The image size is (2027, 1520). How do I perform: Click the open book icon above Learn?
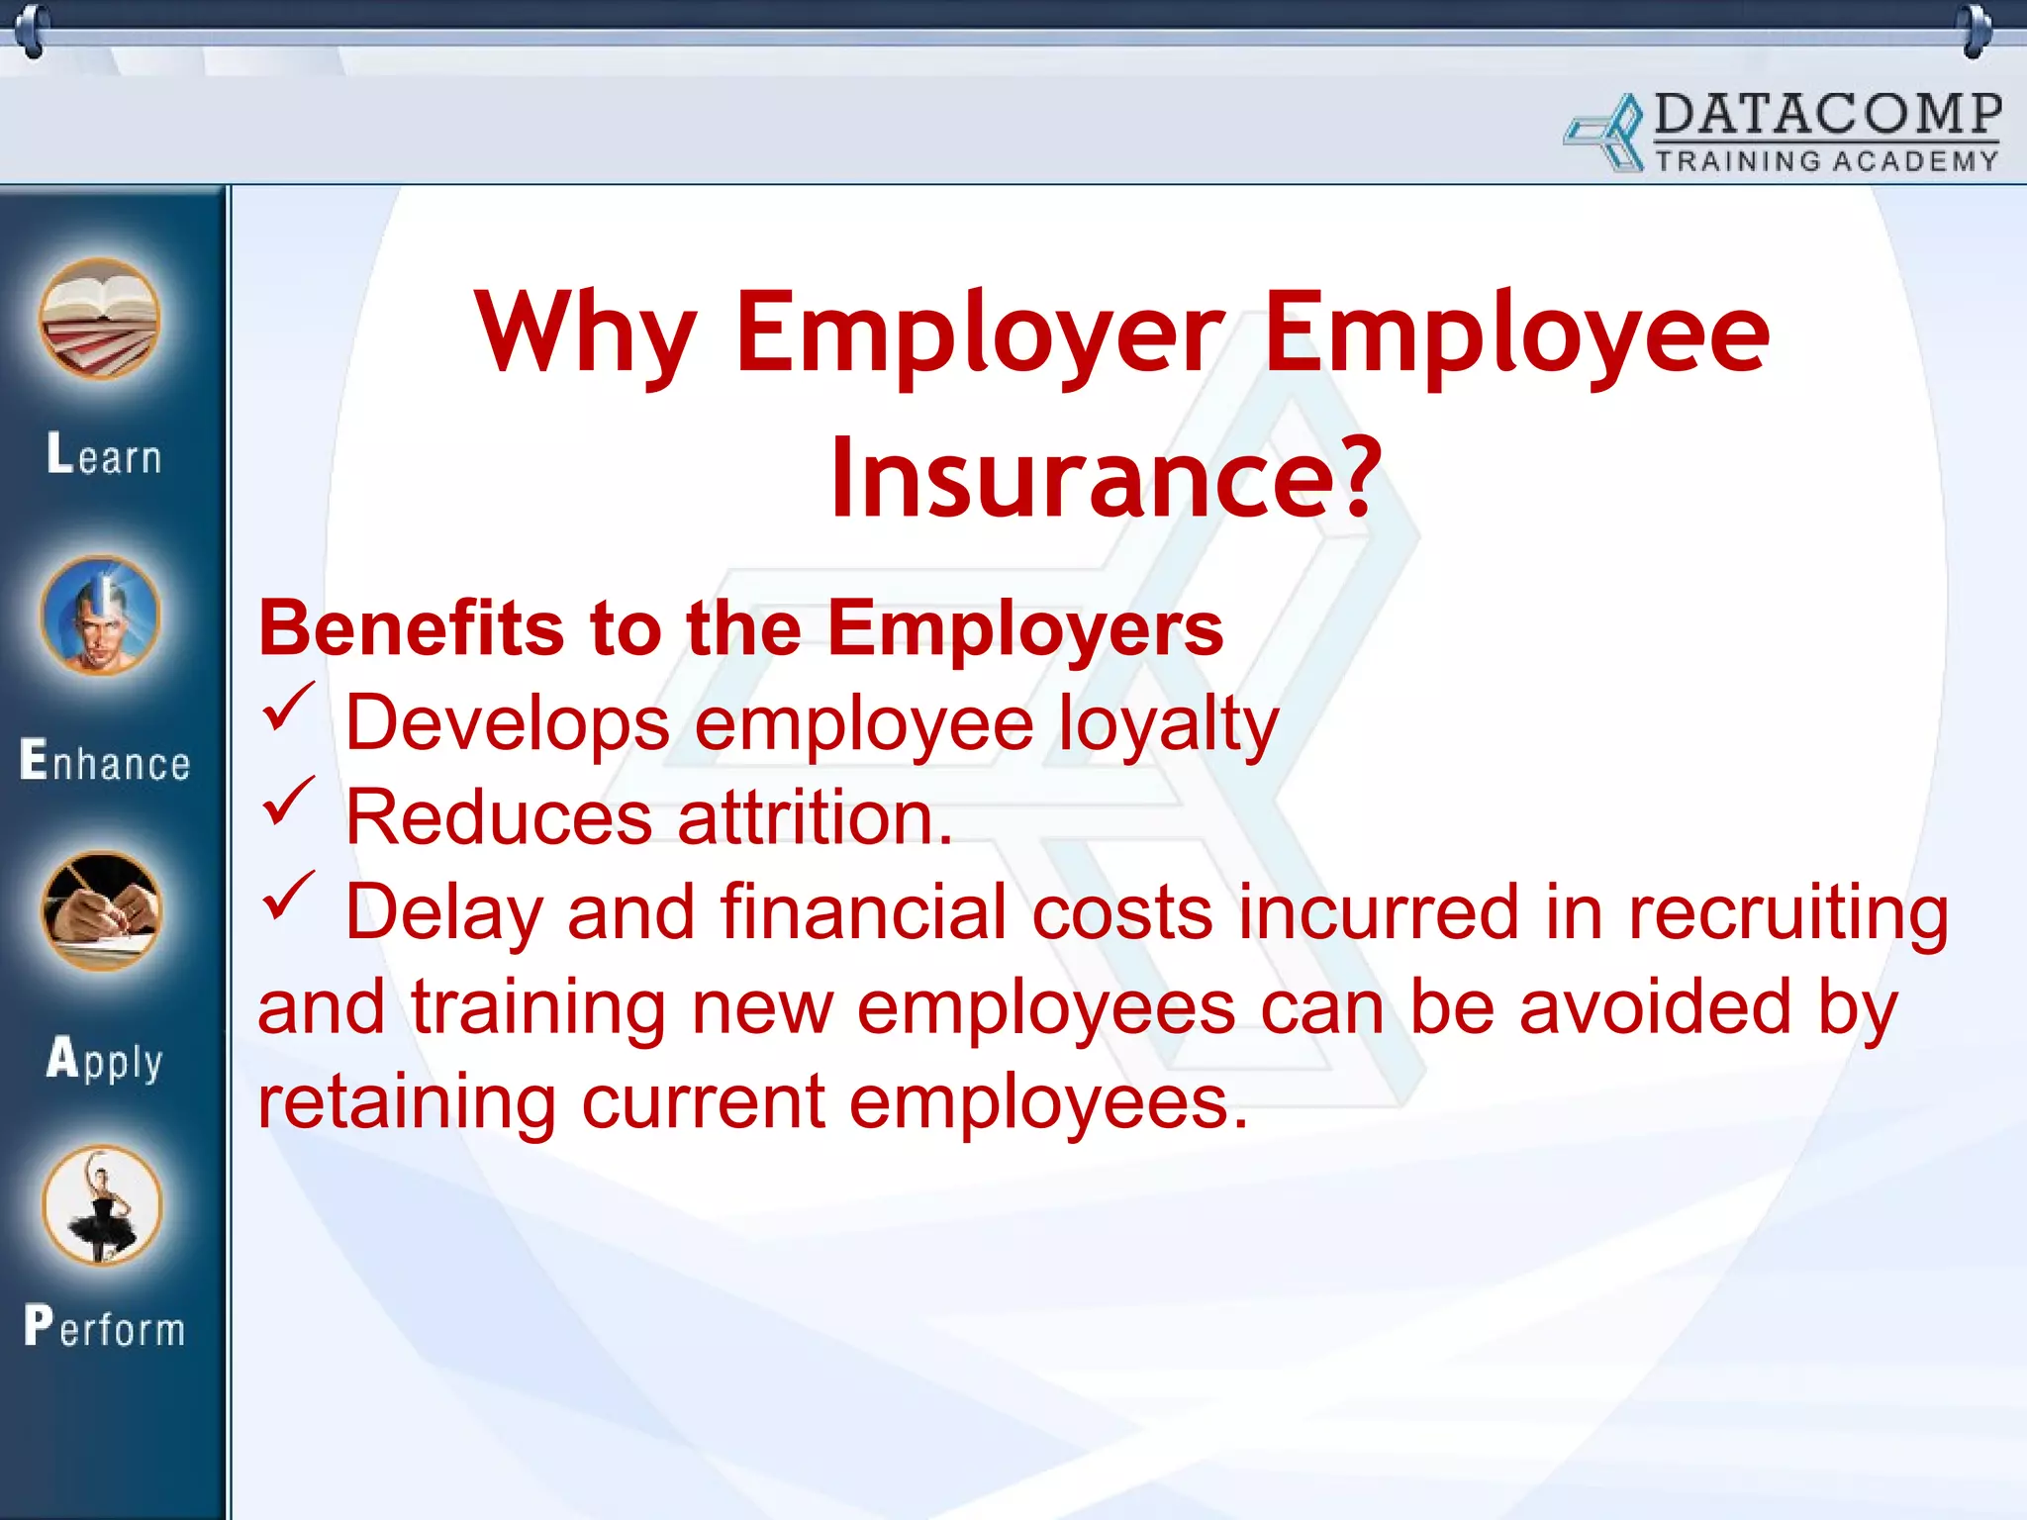(x=100, y=319)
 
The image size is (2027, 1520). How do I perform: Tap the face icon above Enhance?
(x=100, y=616)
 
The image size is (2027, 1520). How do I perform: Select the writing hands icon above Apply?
(x=101, y=910)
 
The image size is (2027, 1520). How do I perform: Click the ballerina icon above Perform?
(x=101, y=1205)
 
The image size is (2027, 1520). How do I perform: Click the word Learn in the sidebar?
(x=104, y=455)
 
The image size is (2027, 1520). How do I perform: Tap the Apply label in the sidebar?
(x=105, y=1059)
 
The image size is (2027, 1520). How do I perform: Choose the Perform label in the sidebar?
(x=105, y=1326)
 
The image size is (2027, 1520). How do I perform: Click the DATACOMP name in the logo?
(x=1827, y=115)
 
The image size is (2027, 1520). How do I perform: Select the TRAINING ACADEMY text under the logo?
(x=1827, y=161)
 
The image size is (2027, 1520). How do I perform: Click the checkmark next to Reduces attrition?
(x=288, y=802)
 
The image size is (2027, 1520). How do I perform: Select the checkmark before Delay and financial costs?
(x=288, y=896)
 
